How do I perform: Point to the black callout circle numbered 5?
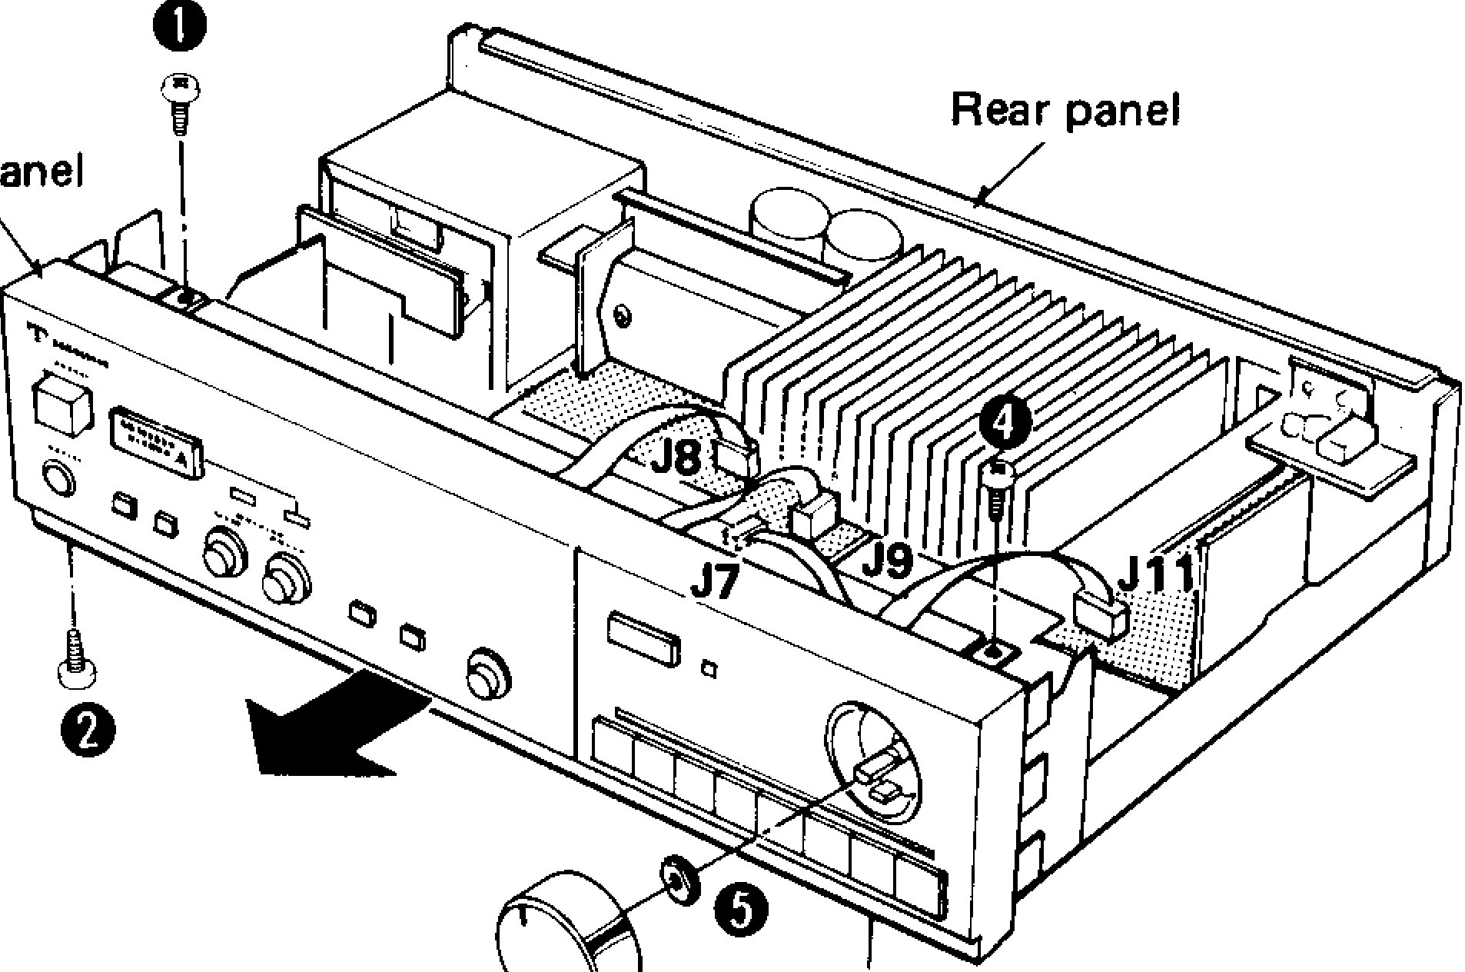pos(741,909)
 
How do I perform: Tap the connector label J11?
pos(1155,572)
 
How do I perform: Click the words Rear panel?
pos(1065,110)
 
